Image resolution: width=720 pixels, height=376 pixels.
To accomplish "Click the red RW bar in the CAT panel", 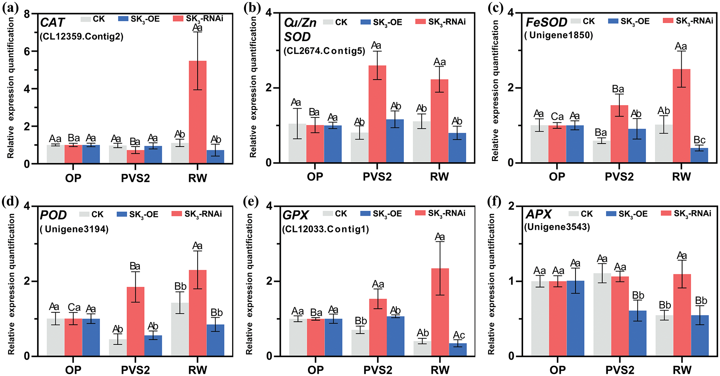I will coord(198,112).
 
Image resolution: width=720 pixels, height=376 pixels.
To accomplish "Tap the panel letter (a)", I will coord(9,8).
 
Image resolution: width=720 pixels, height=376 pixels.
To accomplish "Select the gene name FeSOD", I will coord(546,23).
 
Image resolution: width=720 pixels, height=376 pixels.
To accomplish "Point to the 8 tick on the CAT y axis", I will coord(27,15).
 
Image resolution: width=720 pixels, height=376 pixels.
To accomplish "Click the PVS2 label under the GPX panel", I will coord(378,370).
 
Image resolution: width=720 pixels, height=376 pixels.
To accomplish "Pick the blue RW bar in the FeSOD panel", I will coord(699,155).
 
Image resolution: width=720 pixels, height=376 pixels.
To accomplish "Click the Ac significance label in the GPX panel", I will coord(459,335).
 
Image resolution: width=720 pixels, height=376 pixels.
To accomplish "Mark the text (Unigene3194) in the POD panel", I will coord(74,229).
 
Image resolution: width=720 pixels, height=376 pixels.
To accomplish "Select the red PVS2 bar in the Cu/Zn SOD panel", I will coord(377,114).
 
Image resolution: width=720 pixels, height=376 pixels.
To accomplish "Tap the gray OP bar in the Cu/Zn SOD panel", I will coord(297,143).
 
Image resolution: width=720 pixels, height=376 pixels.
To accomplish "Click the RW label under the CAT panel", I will coord(198,178).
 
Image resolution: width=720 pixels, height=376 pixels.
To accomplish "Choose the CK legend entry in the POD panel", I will coord(91,214).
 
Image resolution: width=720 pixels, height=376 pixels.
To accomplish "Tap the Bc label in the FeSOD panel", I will coord(699,140).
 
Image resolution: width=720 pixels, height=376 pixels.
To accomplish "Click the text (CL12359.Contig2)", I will coord(81,37).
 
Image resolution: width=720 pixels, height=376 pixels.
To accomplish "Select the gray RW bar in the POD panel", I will coord(180,329).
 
